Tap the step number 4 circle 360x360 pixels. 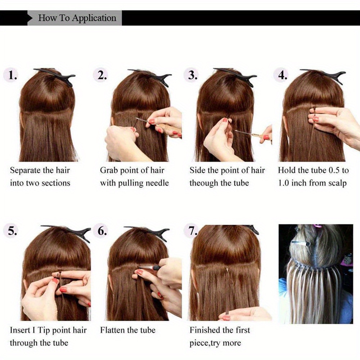click(282, 75)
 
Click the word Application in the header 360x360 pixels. click(94, 18)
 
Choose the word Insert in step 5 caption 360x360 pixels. click(20, 330)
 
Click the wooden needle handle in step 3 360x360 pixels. click(262, 136)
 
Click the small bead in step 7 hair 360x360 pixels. click(227, 270)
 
